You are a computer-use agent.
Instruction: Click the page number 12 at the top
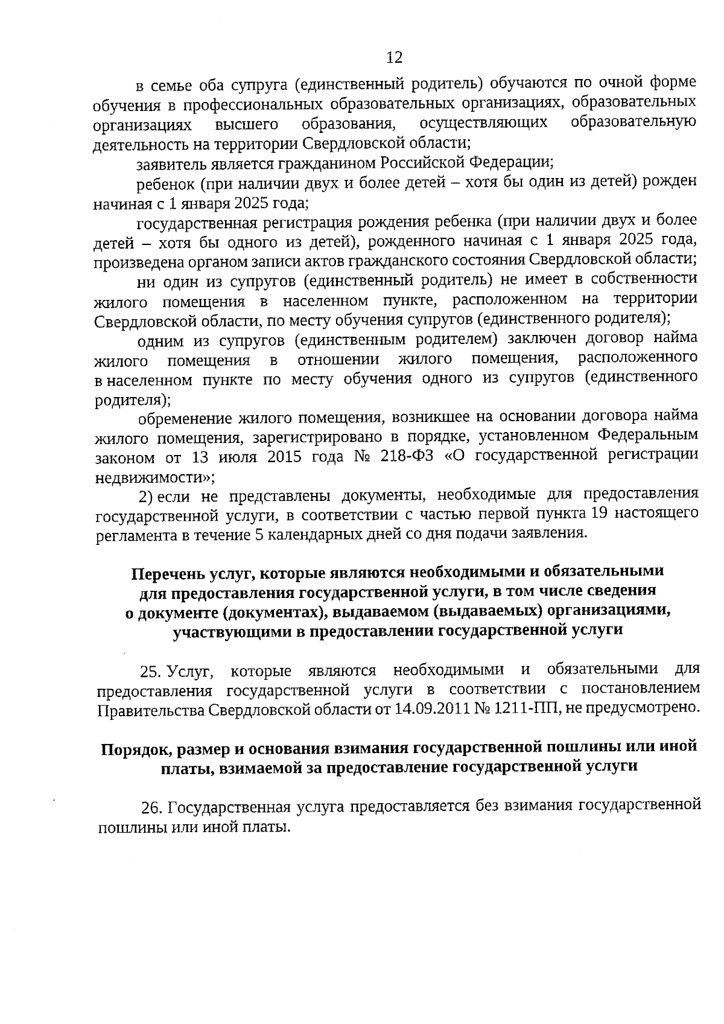point(394,57)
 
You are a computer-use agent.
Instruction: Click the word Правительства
point(151,710)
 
